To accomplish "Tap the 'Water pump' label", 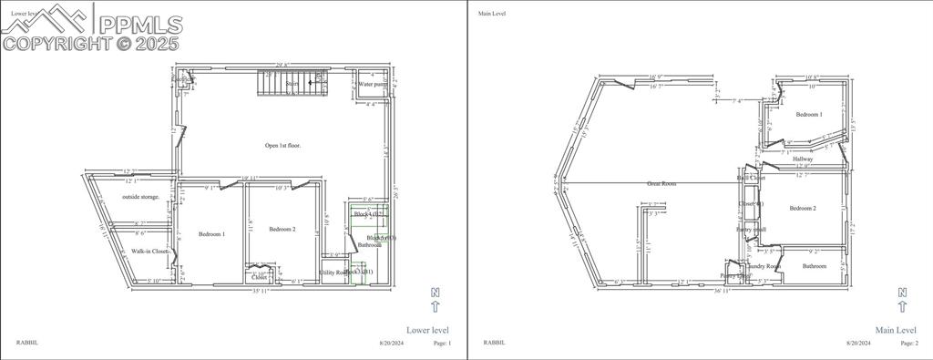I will click(373, 84).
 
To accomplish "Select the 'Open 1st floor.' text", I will click(283, 145).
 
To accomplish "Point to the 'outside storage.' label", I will click(141, 197).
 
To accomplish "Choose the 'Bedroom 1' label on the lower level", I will click(211, 234).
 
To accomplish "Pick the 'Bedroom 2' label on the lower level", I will click(282, 230).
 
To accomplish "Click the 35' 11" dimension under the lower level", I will click(261, 292).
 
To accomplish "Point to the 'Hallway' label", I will click(803, 159).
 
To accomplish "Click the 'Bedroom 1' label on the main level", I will click(808, 115).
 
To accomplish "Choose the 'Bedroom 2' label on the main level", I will click(803, 209).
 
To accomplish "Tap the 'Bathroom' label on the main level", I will click(815, 266).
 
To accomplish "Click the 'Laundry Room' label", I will click(764, 266).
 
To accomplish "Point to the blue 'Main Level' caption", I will click(895, 330).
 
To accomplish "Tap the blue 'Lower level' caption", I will click(427, 330).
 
